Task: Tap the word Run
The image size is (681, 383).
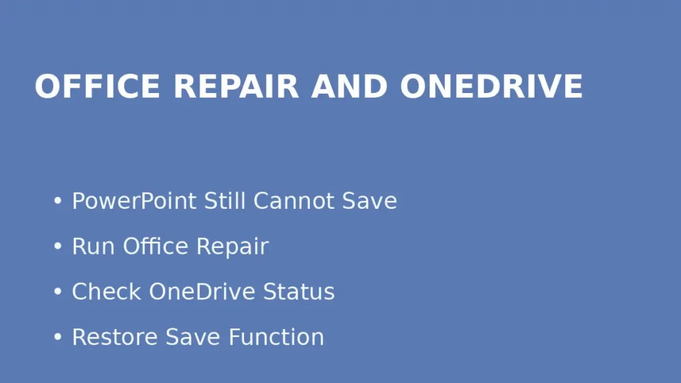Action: [94, 246]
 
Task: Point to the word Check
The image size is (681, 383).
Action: [106, 291]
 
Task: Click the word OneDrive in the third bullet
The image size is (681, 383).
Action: [202, 291]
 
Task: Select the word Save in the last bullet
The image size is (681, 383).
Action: [194, 336]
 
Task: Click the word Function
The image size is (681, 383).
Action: [276, 336]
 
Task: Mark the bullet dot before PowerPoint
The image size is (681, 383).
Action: [58, 201]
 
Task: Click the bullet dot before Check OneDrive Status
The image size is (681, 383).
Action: [58, 292]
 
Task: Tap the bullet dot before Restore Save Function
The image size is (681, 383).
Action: [58, 337]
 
